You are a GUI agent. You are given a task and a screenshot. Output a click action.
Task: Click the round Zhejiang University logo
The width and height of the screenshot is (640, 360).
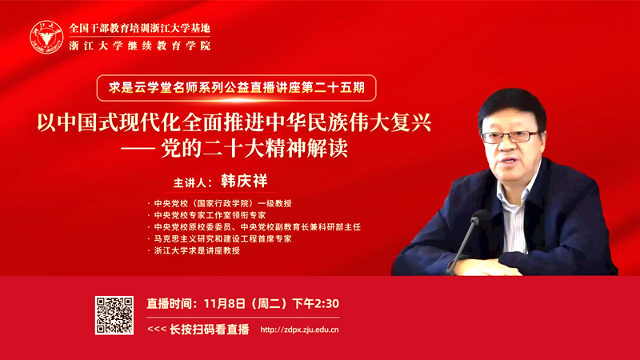pos(46,38)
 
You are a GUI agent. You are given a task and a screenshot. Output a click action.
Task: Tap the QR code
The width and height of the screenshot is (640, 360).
pos(114,315)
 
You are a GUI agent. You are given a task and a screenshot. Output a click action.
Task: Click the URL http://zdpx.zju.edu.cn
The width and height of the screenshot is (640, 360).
pos(299,330)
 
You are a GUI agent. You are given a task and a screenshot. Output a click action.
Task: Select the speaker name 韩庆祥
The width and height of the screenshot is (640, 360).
pos(244,181)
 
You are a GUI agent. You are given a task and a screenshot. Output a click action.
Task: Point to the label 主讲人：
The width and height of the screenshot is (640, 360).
pos(193,182)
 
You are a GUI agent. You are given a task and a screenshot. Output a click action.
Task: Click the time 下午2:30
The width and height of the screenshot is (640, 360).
pos(316,304)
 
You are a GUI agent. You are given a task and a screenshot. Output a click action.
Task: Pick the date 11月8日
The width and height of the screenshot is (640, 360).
pos(225,304)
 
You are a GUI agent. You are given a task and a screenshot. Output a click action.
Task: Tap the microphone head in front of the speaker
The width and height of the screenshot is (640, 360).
pos(478,217)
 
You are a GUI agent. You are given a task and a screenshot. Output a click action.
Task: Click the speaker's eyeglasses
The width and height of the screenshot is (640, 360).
pos(510,137)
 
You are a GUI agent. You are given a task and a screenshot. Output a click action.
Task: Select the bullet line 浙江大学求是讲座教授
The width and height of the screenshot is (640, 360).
pos(197,250)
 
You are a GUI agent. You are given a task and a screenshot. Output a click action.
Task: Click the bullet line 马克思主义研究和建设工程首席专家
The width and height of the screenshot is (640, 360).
pos(222,238)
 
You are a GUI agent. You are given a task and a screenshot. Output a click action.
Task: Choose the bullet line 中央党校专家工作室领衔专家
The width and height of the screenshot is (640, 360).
pos(210,215)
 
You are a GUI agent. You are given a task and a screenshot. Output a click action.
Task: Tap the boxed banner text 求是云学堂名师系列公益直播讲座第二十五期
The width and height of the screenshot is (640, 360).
pos(236,88)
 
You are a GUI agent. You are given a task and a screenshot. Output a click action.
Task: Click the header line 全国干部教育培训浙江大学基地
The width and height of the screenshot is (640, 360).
pos(139,28)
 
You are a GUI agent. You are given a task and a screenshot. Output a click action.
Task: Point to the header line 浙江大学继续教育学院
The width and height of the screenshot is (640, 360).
pos(139,46)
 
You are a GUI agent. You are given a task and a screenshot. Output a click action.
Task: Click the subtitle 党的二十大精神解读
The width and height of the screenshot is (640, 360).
pos(254,149)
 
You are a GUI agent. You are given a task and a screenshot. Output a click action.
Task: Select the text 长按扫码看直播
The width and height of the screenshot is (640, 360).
pos(210,330)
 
